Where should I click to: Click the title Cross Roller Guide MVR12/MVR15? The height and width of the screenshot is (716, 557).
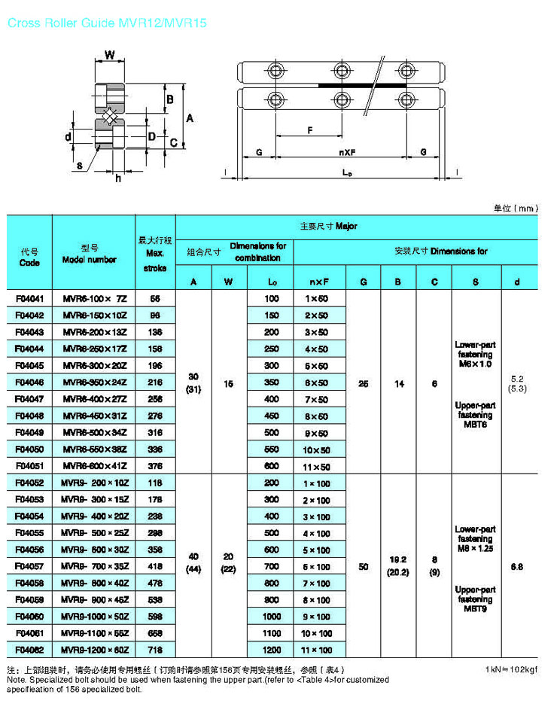click(x=105, y=23)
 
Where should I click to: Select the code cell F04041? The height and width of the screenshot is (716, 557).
click(x=29, y=298)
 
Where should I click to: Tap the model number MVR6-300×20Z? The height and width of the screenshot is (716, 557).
click(x=94, y=365)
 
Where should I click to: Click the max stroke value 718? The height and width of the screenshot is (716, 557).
click(x=155, y=649)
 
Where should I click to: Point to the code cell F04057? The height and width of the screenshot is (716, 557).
click(x=29, y=566)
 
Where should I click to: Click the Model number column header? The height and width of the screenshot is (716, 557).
click(x=94, y=253)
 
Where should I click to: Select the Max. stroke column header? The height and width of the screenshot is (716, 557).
click(x=155, y=253)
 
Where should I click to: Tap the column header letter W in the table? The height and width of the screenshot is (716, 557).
click(x=229, y=282)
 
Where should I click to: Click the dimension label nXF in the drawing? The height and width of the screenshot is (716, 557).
click(x=347, y=153)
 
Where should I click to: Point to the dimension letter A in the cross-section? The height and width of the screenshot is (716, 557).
click(x=190, y=118)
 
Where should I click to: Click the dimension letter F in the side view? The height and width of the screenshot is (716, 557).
click(x=309, y=130)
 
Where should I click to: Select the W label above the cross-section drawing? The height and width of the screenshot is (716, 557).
click(x=110, y=55)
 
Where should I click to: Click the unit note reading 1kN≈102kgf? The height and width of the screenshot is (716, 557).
click(x=512, y=669)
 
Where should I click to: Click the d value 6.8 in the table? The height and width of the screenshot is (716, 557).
click(x=516, y=566)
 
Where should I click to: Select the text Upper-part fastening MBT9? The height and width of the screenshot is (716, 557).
click(x=475, y=599)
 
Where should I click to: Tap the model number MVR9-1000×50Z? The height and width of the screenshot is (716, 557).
click(x=94, y=616)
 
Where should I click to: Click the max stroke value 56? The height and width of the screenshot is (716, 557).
click(x=155, y=298)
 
